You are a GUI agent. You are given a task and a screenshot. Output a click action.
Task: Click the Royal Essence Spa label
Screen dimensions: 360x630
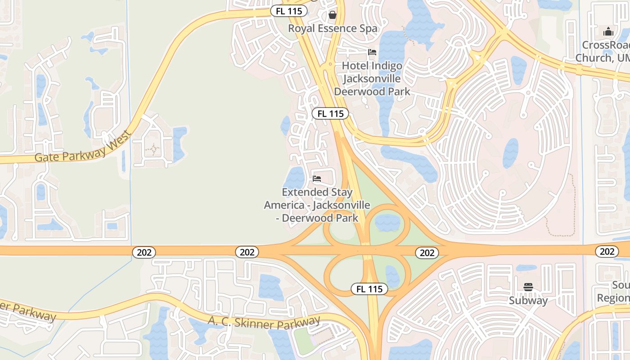(333, 28)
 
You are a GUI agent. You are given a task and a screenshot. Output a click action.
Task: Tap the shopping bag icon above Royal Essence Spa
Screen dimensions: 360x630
(333, 15)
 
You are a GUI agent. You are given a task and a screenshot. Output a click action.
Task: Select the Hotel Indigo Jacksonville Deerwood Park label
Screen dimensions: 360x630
(372, 79)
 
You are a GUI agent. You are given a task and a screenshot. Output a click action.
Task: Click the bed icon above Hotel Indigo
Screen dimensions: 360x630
(372, 52)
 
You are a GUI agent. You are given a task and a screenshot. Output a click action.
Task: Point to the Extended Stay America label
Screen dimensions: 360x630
(317, 205)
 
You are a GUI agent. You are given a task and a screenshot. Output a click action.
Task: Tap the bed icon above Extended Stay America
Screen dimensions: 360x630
(317, 179)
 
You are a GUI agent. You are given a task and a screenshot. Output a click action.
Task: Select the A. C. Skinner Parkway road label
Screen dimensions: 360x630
(264, 323)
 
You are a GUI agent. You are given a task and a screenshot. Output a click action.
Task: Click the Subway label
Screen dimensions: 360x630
(528, 300)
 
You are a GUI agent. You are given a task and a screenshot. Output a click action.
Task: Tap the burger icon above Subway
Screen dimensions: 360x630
(528, 287)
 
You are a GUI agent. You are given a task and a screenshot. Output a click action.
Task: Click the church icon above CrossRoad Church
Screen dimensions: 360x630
(608, 31)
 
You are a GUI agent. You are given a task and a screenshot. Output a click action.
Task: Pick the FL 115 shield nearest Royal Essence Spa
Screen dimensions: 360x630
(289, 11)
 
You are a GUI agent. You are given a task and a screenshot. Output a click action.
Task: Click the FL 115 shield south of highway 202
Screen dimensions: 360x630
(369, 289)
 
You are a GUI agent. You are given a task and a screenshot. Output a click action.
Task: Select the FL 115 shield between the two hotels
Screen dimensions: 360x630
(331, 113)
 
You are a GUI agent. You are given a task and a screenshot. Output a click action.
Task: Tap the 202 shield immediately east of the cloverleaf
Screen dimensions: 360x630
(427, 253)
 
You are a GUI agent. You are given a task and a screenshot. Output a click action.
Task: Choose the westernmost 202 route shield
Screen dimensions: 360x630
(144, 252)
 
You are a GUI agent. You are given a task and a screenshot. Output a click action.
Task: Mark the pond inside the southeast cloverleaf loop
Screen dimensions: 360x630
(392, 276)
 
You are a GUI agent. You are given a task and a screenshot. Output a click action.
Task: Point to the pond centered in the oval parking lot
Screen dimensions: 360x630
(510, 153)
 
